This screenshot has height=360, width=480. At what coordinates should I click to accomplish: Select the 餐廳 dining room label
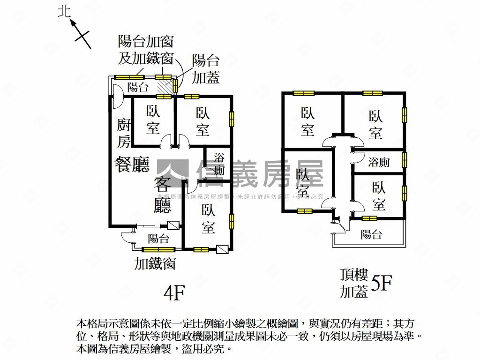pyautogui.click(x=132, y=165)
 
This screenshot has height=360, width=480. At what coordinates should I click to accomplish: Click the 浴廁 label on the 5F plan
pyautogui.click(x=379, y=162)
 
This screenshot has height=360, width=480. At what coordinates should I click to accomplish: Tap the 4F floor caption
pyautogui.click(x=174, y=293)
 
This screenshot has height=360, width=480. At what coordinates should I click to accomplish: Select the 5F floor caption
pyautogui.click(x=381, y=283)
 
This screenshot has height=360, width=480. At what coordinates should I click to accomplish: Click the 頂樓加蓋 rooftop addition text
pyautogui.click(x=354, y=284)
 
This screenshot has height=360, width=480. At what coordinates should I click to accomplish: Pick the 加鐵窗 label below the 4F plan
pyautogui.click(x=155, y=263)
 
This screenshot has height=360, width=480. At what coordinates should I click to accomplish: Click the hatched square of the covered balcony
pyautogui.click(x=165, y=87)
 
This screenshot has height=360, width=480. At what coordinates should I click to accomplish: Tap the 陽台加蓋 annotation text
pyautogui.click(x=206, y=68)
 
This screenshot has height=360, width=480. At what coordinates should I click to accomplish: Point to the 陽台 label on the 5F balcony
pyautogui.click(x=371, y=234)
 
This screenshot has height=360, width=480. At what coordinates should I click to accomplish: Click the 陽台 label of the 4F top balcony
pyautogui.click(x=138, y=87)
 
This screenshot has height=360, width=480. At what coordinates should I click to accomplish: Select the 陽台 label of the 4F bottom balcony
pyautogui.click(x=158, y=238)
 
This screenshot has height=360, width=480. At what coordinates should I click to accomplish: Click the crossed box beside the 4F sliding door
pyautogui.click(x=173, y=225)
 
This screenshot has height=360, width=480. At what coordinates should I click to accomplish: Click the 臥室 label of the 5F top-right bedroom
pyautogui.click(x=375, y=124)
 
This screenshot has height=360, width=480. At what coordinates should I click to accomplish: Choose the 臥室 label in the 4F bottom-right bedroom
pyautogui.click(x=209, y=219)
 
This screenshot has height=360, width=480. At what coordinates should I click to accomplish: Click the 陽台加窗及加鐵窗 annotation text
pyautogui.click(x=146, y=50)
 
